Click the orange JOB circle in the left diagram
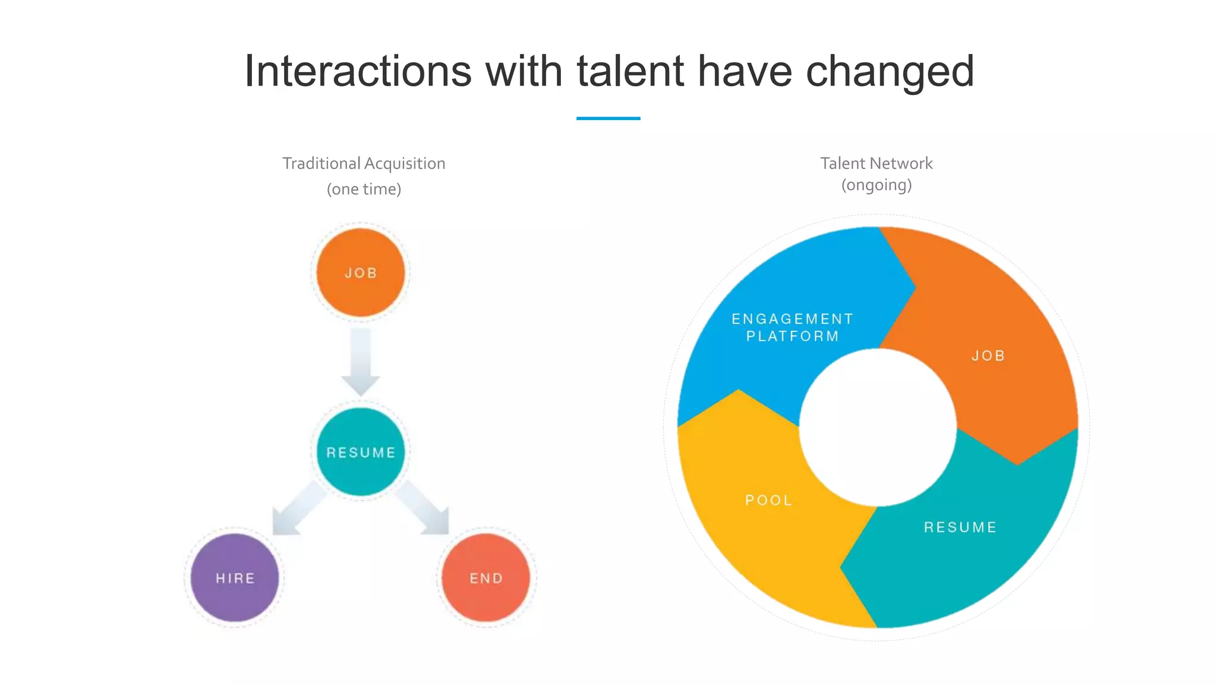coord(361,272)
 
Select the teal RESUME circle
coord(361,452)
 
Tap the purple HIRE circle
coord(235,577)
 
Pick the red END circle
coord(486,577)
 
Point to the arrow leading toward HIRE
coord(297,508)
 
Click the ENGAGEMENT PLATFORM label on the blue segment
coord(792,328)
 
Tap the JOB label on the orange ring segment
coord(988,356)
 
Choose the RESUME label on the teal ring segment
coord(960,527)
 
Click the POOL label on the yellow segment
coord(769,500)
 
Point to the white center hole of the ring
coord(878,427)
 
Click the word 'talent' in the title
coord(630,71)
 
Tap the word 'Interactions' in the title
coord(358,71)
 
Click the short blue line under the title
coord(608,118)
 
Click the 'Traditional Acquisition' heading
coord(364,164)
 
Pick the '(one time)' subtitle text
coord(364,189)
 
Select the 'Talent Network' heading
coord(877,164)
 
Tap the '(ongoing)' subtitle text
coord(877,185)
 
